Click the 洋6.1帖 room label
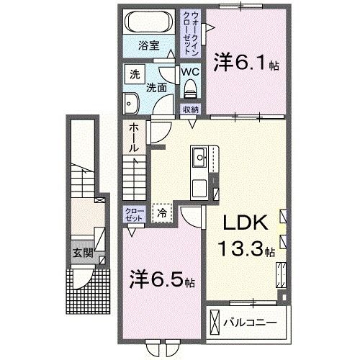pos(246,64)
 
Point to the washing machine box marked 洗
pos(134,73)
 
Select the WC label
pos(190,72)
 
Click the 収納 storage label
pos(190,109)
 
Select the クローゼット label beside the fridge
pos(134,214)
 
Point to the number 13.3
pos(240,251)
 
